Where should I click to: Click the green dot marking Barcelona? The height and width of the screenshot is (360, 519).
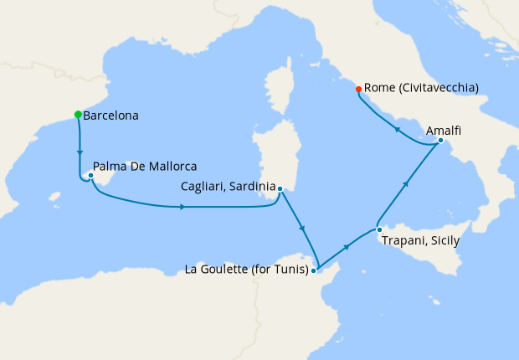click(x=78, y=115)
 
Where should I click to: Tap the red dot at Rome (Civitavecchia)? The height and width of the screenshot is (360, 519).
click(x=358, y=89)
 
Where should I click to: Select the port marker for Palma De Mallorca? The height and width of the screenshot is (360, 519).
click(x=90, y=176)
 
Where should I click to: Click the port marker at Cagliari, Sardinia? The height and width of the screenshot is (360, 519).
click(x=280, y=188)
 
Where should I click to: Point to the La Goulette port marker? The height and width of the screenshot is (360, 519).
click(x=313, y=270)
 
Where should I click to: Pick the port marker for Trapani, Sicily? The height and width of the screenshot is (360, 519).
click(x=378, y=229)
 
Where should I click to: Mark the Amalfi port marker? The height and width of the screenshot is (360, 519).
click(x=440, y=141)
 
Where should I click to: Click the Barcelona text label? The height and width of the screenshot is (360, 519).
click(x=111, y=116)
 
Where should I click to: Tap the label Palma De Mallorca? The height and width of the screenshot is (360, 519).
click(x=145, y=167)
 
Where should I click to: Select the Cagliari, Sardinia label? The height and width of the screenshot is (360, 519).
click(x=228, y=188)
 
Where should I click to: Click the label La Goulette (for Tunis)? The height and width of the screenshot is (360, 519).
click(x=244, y=270)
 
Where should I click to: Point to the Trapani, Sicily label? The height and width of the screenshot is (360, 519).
click(x=420, y=240)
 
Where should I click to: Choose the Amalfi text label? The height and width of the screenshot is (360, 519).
click(x=444, y=131)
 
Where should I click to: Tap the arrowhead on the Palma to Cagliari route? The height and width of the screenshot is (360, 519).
click(x=182, y=206)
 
